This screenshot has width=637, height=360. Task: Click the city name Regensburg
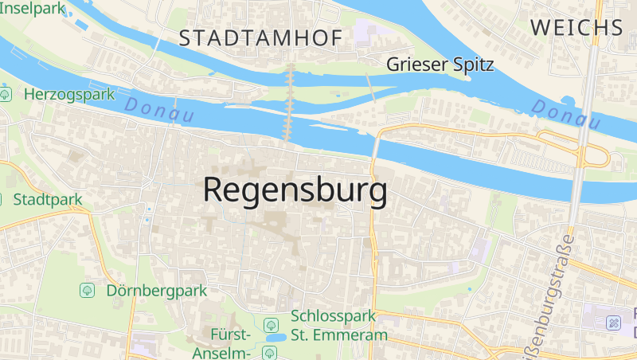(295, 190)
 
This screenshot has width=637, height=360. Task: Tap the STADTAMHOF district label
(260, 37)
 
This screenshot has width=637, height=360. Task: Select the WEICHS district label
(576, 27)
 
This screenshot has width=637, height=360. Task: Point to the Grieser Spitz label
(440, 65)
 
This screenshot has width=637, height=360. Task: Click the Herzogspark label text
(70, 94)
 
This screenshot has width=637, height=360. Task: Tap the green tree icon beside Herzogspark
(6, 94)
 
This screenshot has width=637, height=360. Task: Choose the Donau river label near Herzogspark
(160, 110)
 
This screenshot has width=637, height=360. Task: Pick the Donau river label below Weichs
(566, 115)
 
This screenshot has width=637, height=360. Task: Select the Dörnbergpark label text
(157, 290)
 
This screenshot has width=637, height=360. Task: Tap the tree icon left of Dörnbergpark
(88, 290)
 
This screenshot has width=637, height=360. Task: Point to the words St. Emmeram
(339, 335)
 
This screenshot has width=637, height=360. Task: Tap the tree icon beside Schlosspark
(271, 324)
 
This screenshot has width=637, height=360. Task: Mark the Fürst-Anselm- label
(231, 343)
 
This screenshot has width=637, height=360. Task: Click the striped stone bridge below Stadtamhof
(290, 103)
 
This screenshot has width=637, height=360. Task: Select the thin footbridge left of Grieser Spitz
(369, 86)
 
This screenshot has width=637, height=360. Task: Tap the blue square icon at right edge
(613, 323)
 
